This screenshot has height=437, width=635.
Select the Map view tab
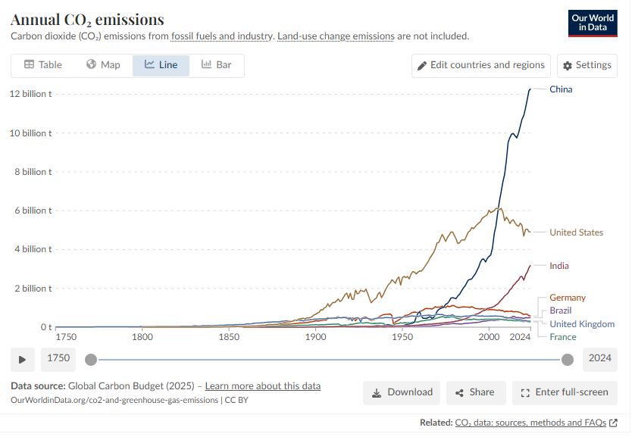pyautogui.click(x=103, y=65)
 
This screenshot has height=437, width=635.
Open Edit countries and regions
pyautogui.click(x=481, y=65)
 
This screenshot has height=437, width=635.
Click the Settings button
pyautogui.click(x=587, y=65)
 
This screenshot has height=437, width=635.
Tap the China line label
pyautogui.click(x=561, y=89)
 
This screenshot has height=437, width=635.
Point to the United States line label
pyautogui.click(x=576, y=233)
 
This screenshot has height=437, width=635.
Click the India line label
pyautogui.click(x=559, y=266)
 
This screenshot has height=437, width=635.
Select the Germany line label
pyautogui.click(x=568, y=298)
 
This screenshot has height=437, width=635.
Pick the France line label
pyautogui.click(x=563, y=337)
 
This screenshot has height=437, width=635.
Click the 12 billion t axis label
pyautogui.click(x=30, y=94)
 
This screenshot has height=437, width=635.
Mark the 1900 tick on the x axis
pyautogui.click(x=316, y=336)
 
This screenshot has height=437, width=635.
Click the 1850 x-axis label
pyautogui.click(x=229, y=336)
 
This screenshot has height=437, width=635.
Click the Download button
pyautogui.click(x=402, y=392)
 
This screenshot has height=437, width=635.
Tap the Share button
pyautogui.click(x=475, y=392)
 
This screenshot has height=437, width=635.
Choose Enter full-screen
pyautogui.click(x=565, y=392)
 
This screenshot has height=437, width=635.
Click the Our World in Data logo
pyautogui.click(x=592, y=23)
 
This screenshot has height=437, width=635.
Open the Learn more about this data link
pyautogui.click(x=262, y=386)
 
